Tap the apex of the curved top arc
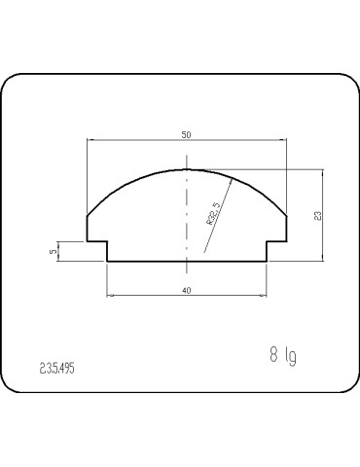click(x=187, y=168)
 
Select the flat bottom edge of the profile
click(x=186, y=261)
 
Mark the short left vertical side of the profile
click(x=88, y=228)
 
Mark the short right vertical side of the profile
click(x=287, y=228)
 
